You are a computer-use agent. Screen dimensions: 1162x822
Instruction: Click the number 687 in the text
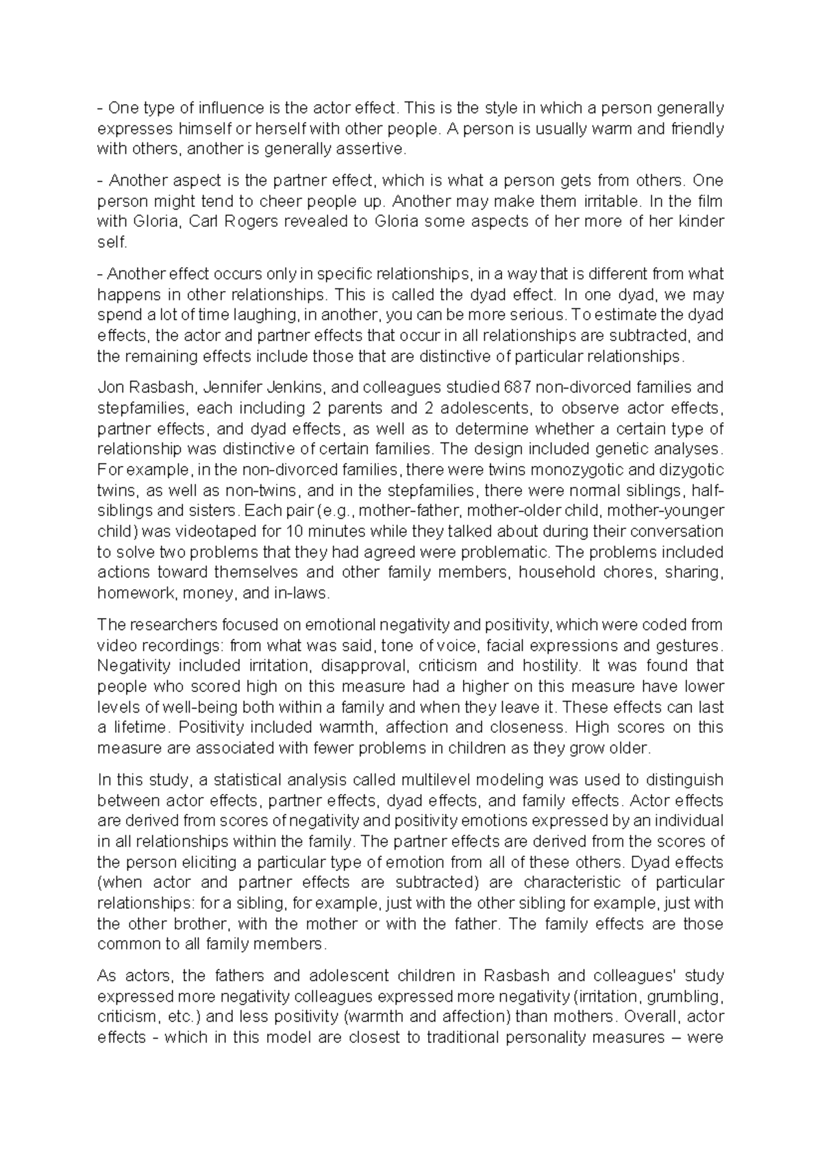tap(516, 388)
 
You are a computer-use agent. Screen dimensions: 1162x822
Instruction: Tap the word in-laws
tap(301, 593)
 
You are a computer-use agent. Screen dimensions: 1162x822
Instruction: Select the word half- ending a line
tap(709, 491)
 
